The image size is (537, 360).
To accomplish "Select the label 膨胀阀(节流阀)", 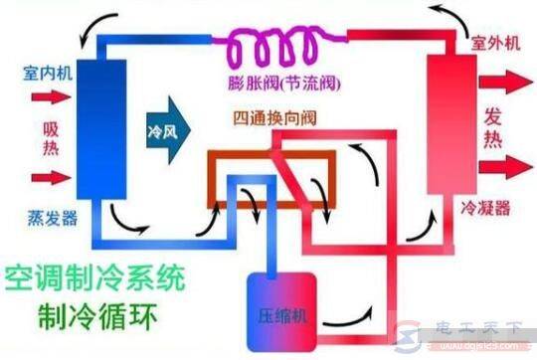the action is pos(268,80).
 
